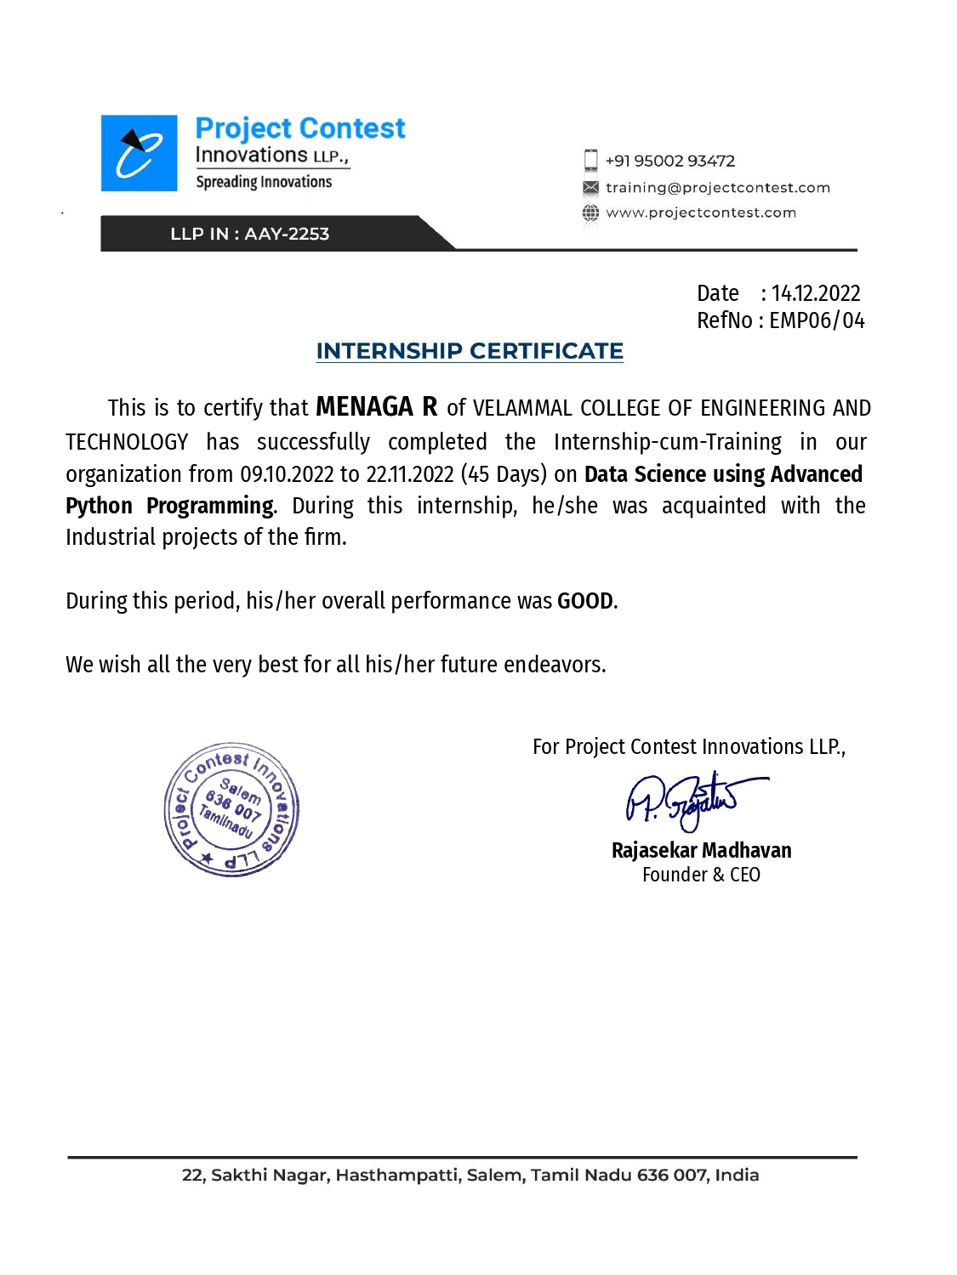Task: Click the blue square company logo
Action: [x=139, y=153]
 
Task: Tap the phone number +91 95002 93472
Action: [x=669, y=161]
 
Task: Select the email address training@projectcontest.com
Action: [x=717, y=188]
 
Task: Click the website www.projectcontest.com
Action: [x=701, y=212]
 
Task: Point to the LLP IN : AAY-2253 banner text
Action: [x=249, y=234]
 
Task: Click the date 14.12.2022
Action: [x=815, y=293]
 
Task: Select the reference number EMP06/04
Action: [x=817, y=320]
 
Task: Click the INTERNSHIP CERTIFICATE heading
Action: [x=470, y=351]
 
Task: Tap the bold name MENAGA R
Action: [x=376, y=407]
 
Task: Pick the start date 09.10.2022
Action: [x=287, y=474]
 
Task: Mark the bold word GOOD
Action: [x=584, y=601]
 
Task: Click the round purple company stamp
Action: [x=231, y=810]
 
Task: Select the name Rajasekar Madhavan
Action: [x=701, y=850]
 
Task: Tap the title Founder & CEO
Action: [x=701, y=875]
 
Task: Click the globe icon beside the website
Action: [x=590, y=212]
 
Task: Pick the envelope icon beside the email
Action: [x=590, y=188]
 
